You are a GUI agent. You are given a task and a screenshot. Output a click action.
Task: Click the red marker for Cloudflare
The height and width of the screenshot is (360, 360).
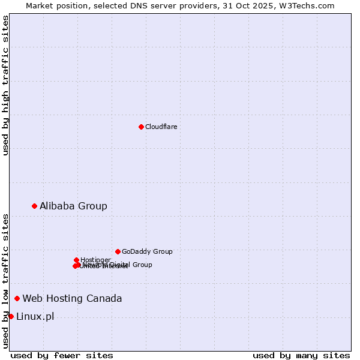(x=141, y=127)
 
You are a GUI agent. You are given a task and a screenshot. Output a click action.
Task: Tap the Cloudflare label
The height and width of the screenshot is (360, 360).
(x=161, y=127)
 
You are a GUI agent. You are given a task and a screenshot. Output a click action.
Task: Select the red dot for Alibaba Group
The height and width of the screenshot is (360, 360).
(x=34, y=206)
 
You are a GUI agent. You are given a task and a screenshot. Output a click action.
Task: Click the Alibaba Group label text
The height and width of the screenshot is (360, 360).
(x=73, y=206)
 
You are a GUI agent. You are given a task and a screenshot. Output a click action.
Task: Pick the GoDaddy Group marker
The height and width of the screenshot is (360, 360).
(x=118, y=251)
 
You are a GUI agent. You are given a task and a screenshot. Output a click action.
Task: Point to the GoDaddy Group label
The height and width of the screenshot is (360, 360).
(x=147, y=251)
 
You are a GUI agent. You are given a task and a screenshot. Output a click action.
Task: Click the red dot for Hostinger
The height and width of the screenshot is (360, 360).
(x=76, y=260)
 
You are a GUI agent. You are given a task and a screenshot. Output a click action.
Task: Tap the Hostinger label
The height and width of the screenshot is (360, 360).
(x=95, y=260)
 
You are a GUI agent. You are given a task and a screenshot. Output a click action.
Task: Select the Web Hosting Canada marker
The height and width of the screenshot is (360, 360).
(x=17, y=298)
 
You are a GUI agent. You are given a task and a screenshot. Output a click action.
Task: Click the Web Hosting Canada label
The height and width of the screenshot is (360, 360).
(x=72, y=298)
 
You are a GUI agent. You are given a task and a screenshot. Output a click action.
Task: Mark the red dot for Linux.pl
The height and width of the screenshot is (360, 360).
(x=11, y=316)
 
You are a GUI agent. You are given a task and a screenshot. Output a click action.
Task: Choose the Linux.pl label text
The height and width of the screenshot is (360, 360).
(x=35, y=316)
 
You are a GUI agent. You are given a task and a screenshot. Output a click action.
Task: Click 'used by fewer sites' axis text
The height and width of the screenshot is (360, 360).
(x=62, y=355)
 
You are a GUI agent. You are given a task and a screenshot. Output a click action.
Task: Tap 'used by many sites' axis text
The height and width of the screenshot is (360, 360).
(x=301, y=355)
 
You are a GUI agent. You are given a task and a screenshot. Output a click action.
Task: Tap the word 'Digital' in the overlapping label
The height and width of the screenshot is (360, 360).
(x=121, y=265)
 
